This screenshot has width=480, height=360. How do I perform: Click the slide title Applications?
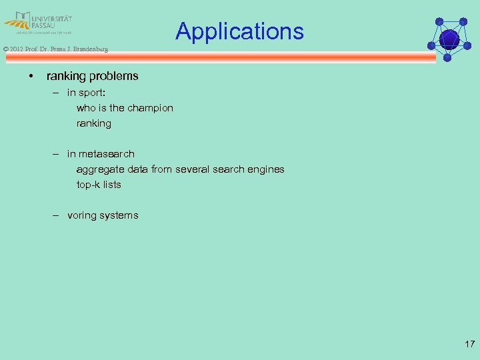(x=239, y=31)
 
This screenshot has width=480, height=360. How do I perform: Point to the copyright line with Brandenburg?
(x=55, y=49)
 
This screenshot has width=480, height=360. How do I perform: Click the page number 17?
(x=469, y=344)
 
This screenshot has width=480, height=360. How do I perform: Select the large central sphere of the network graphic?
(x=449, y=39)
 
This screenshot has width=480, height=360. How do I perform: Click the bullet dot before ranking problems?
(x=31, y=76)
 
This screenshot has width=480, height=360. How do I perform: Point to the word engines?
(x=266, y=169)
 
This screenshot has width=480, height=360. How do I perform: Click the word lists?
(x=111, y=185)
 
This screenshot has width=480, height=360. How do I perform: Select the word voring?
(x=82, y=215)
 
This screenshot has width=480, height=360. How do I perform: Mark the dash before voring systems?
(x=58, y=215)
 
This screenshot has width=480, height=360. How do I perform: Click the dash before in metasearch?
(x=58, y=154)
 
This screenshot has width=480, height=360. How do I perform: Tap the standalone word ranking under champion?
(x=94, y=123)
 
